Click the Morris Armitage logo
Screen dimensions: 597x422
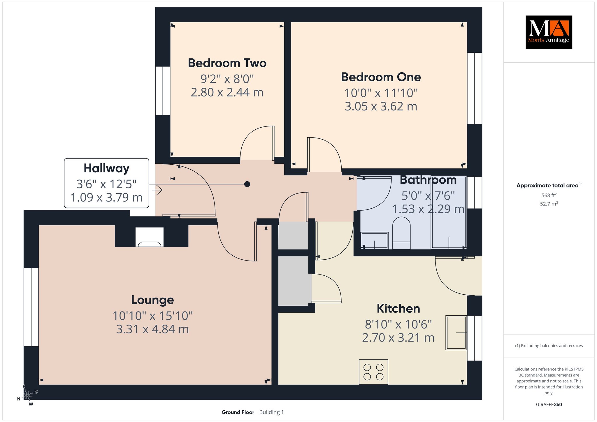(549, 32)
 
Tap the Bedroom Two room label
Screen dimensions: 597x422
(227, 63)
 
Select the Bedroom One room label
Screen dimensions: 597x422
(381, 77)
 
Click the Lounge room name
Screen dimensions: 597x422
(152, 300)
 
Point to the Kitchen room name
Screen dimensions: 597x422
(398, 309)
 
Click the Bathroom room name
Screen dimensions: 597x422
(428, 180)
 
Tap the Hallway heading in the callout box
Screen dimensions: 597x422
(106, 168)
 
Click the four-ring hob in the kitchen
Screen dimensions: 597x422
(373, 372)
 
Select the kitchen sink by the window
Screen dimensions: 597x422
(456, 333)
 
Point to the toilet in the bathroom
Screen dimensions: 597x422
(401, 233)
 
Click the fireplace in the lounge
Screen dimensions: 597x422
(150, 237)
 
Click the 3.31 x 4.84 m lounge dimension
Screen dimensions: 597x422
(152, 329)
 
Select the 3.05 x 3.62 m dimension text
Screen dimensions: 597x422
(381, 106)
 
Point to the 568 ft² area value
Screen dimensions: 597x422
(549, 195)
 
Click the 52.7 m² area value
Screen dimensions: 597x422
(549, 204)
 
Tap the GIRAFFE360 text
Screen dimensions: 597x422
(549, 405)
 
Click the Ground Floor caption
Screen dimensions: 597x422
(238, 412)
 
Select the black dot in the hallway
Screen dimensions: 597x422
(247, 184)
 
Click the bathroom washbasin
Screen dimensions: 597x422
(375, 241)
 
